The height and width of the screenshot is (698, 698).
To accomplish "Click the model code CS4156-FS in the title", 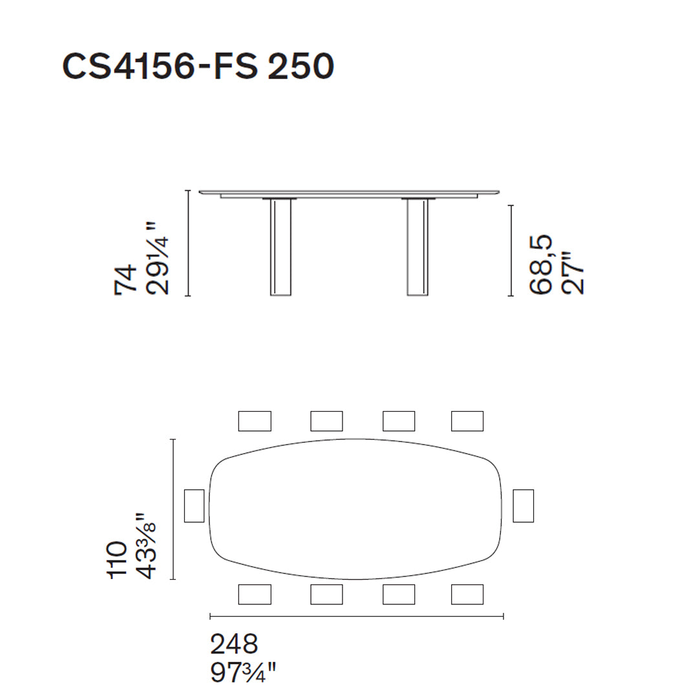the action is [x=160, y=67].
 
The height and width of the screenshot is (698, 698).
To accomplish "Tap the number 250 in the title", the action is [x=301, y=67].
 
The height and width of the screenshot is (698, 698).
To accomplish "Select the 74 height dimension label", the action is [x=126, y=279].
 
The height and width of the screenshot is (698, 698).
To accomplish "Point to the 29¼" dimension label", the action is [x=158, y=258].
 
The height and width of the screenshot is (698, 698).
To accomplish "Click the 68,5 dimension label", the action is [x=540, y=264].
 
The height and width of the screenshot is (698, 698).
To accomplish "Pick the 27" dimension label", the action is [x=572, y=274].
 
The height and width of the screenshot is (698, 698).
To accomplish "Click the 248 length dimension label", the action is [x=234, y=644].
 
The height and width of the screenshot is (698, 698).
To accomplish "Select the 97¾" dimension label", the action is [x=244, y=672].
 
